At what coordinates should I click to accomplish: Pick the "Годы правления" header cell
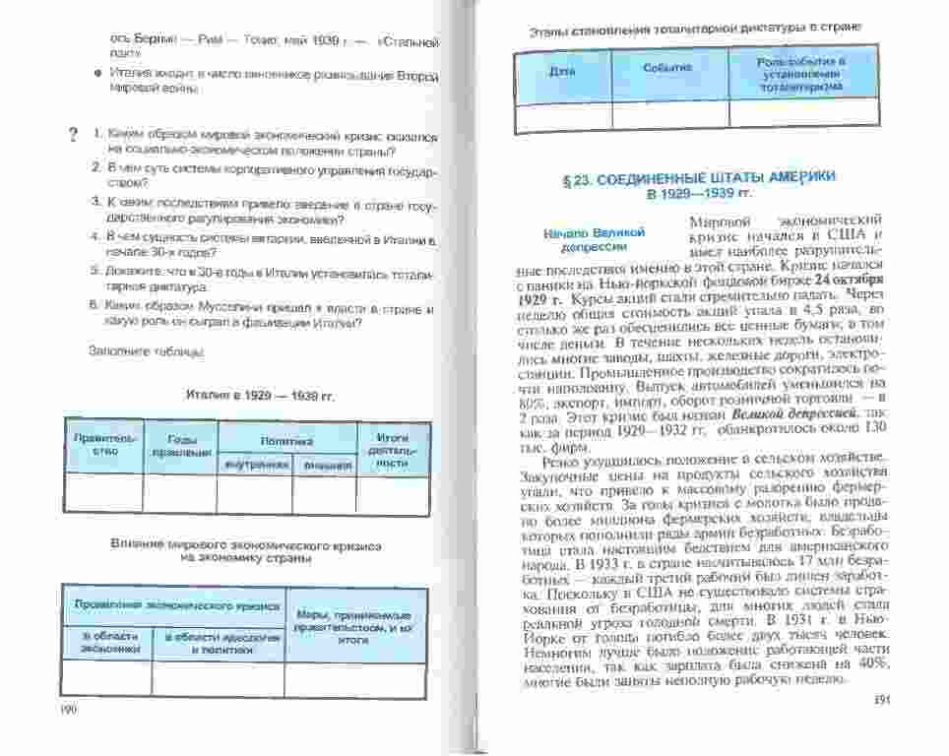click(180, 444)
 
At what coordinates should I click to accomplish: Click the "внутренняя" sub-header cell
click(255, 464)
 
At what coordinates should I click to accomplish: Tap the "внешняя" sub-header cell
click(325, 464)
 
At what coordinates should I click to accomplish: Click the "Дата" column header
click(562, 72)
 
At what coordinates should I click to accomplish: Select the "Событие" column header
click(668, 68)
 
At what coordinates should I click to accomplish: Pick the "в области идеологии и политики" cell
click(219, 643)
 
